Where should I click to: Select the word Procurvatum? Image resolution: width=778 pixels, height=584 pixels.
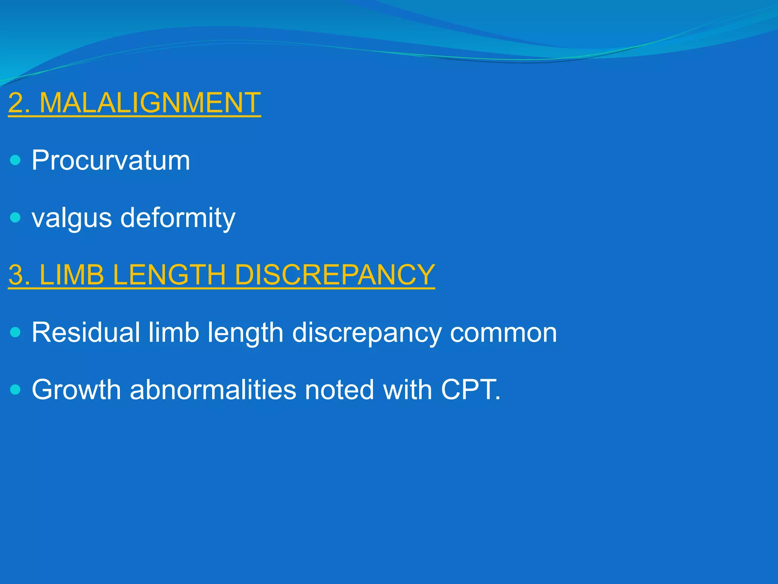(111, 160)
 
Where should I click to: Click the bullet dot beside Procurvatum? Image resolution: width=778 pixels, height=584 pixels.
(15, 160)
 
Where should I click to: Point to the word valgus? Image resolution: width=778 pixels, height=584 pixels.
(71, 218)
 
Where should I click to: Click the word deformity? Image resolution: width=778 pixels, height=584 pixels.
(178, 218)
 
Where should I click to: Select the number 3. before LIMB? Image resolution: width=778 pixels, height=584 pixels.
(19, 275)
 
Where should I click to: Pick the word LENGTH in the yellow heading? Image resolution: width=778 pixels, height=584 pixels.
(169, 275)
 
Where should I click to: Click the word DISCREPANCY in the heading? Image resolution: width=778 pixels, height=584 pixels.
(334, 275)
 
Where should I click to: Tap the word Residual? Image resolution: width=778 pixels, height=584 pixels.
(86, 332)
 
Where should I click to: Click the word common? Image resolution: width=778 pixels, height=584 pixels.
(503, 332)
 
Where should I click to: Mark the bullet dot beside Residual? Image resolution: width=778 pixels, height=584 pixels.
(15, 332)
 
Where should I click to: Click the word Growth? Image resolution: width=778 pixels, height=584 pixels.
(76, 389)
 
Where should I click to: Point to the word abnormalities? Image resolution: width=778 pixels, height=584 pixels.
(213, 389)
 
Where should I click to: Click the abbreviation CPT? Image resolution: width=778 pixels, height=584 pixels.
(470, 389)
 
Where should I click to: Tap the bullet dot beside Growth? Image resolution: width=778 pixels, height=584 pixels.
(15, 389)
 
